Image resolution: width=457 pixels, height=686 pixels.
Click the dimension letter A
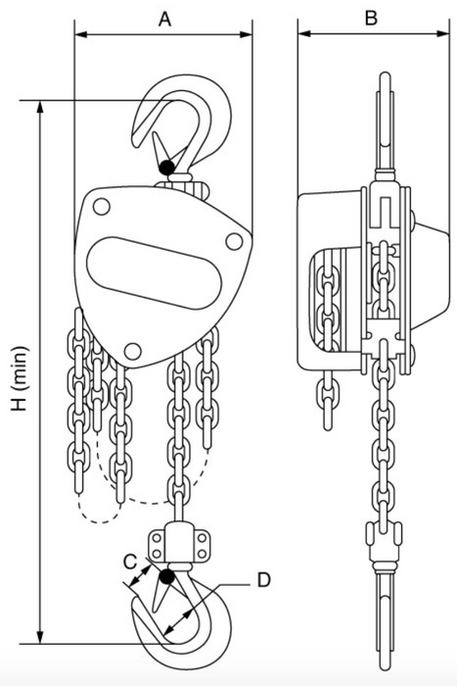coord(164,19)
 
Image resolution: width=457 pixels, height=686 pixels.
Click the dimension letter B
coord(371,19)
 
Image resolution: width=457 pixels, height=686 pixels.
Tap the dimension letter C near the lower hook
coord(130,562)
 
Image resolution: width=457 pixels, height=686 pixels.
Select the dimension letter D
coord(263,580)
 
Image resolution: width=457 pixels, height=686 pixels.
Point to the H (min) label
coord(21,379)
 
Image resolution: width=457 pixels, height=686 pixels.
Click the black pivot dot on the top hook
coord(167,168)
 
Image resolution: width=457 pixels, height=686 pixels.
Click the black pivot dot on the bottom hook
coord(166,576)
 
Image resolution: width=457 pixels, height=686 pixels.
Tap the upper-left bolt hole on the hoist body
coord(102,207)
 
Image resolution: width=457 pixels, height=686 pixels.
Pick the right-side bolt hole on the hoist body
coord(234,241)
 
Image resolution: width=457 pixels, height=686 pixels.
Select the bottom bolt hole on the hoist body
coord(133,351)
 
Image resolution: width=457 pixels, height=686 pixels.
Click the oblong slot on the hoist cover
coord(154,273)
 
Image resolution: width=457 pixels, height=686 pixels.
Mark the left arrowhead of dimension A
coord(81,34)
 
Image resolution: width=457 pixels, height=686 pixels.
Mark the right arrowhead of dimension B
coord(442,33)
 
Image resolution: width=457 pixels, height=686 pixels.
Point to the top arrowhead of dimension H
coord(40,108)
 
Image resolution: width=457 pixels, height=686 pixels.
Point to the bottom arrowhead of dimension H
coord(40,637)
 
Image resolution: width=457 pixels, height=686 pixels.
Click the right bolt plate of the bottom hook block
coord(201,545)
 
